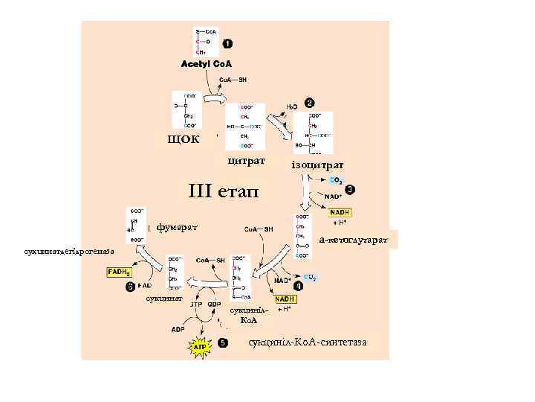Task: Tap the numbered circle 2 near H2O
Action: [309, 102]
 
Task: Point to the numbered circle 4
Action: [298, 285]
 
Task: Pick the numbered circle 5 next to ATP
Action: [223, 344]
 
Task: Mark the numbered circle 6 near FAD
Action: [130, 285]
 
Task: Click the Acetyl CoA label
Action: [207, 64]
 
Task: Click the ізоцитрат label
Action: [317, 163]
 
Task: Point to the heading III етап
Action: [224, 192]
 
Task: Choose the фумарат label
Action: [177, 224]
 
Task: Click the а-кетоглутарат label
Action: [353, 240]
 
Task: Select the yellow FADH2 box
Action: [120, 272]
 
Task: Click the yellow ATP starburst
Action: [200, 347]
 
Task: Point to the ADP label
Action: [178, 328]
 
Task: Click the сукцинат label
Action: [160, 298]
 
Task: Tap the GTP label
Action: [196, 305]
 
